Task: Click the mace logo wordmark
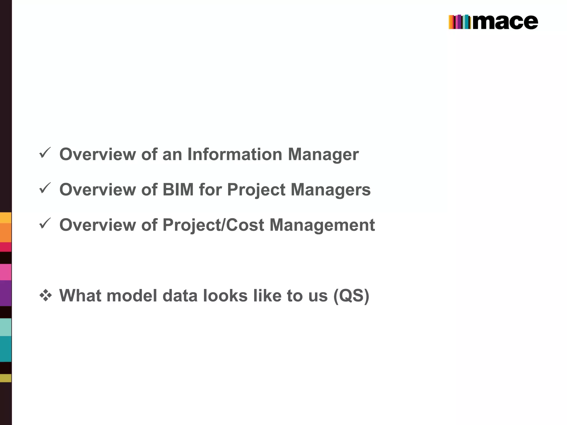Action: [x=505, y=22]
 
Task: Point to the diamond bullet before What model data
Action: [x=45, y=296]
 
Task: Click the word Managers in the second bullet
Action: [x=331, y=190]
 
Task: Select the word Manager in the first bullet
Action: [x=323, y=154]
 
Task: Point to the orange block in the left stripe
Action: [x=6, y=232]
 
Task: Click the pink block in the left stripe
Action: [x=6, y=272]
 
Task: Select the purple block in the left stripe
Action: [x=6, y=293]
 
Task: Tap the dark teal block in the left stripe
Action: [x=6, y=349]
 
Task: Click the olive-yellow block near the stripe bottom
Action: [x=6, y=378]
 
